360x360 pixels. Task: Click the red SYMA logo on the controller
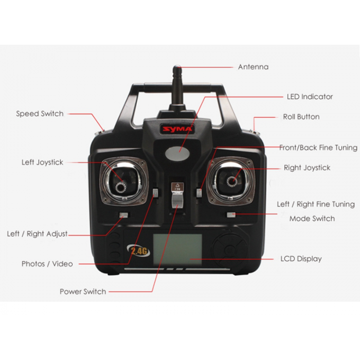pos(177,129)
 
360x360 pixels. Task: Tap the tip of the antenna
pos(177,66)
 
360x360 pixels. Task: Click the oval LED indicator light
pos(177,153)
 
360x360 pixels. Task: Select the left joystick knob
pos(121,186)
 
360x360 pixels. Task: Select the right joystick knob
pos(232,182)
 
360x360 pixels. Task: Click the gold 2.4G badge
pos(138,251)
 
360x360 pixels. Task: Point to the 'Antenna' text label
pos(253,67)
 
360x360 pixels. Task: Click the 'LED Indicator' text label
pos(310,97)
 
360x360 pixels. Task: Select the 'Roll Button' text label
pos(301,117)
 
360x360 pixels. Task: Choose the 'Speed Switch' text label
pos(40,114)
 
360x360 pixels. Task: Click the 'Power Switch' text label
pos(83,292)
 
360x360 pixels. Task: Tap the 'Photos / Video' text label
pos(47,264)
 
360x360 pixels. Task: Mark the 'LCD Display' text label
pos(301,259)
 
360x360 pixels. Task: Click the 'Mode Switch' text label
pos(312,219)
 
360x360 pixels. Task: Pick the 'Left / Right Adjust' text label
pos(37,233)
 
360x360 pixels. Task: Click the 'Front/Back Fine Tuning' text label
pos(318,148)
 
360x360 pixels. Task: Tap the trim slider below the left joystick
pos(123,215)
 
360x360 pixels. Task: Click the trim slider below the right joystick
pos(231,214)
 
